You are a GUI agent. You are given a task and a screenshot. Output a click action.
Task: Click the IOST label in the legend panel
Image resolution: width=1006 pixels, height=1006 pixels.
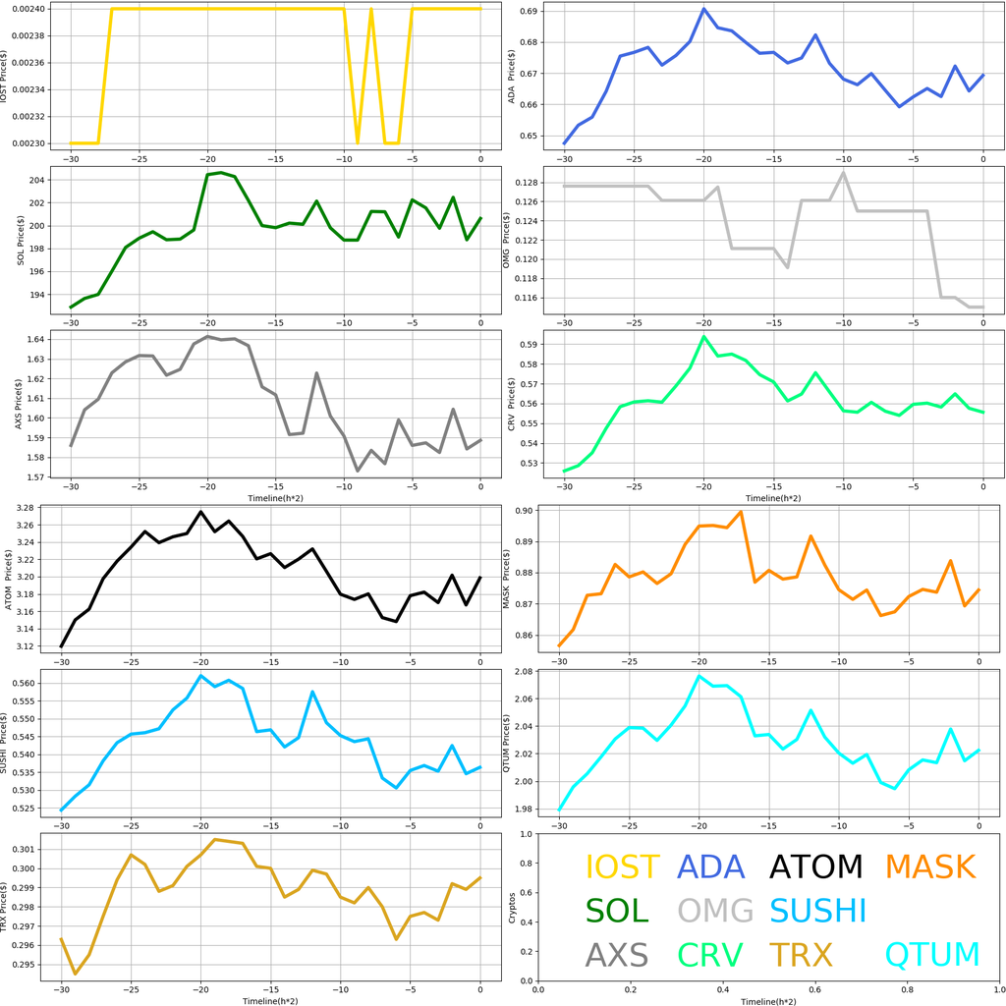[x=622, y=867]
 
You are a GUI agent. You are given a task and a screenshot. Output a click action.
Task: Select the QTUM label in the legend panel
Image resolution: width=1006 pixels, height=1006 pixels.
[x=932, y=955]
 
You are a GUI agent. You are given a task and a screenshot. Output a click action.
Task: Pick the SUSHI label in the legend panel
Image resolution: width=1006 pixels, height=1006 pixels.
[x=817, y=911]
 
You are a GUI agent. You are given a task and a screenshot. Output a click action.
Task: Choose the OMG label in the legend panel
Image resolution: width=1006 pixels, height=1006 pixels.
[x=715, y=911]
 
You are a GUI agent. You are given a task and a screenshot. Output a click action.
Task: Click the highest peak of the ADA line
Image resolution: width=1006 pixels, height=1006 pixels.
[x=703, y=9]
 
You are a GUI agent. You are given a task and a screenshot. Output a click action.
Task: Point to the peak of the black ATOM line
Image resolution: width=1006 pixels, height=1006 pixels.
[x=200, y=512]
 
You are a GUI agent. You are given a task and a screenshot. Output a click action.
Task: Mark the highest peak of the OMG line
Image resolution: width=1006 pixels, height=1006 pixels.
[x=843, y=173]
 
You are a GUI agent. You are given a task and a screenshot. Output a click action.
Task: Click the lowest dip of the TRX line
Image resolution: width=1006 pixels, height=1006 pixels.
[x=75, y=974]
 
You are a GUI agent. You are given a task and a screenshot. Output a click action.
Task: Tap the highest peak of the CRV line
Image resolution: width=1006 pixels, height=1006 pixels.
[x=703, y=337]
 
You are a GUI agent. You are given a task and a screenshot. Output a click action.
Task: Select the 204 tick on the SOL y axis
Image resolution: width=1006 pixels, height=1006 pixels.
[x=42, y=180]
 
